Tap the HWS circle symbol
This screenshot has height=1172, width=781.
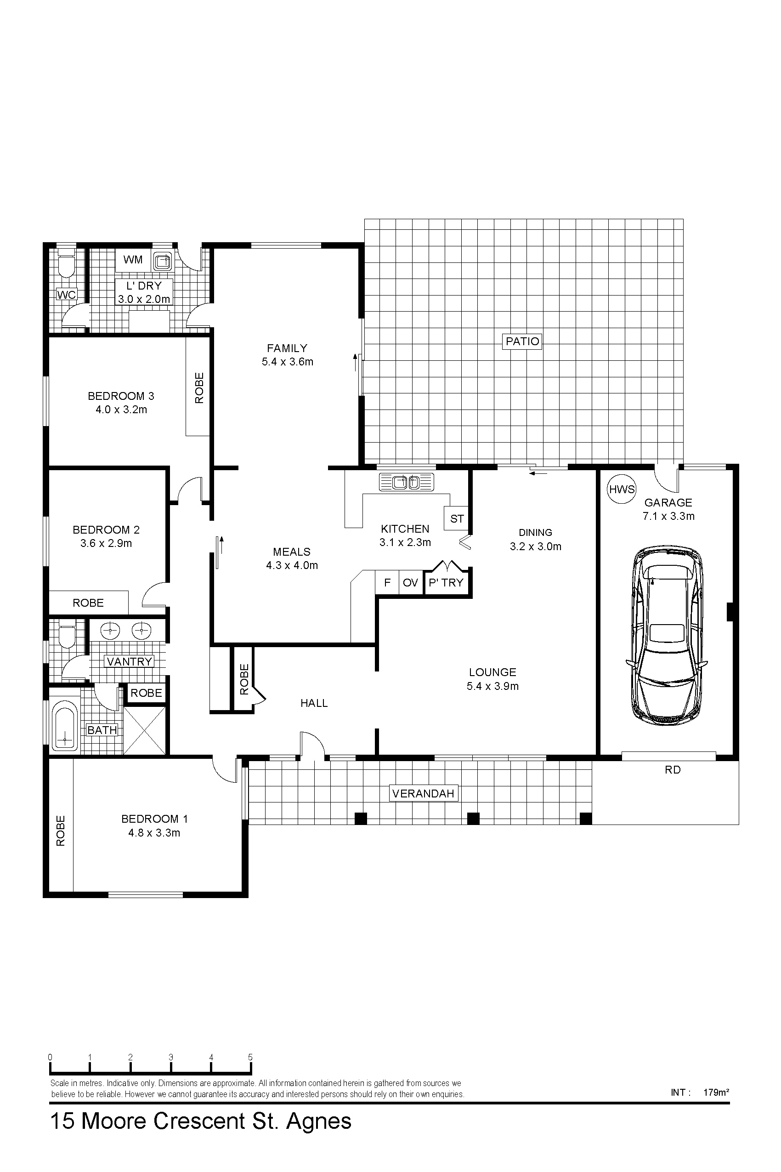pyautogui.click(x=622, y=489)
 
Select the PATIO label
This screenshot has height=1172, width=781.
pyautogui.click(x=522, y=341)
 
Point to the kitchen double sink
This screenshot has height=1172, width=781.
pyautogui.click(x=407, y=482)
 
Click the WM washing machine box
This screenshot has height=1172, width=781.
pyautogui.click(x=133, y=260)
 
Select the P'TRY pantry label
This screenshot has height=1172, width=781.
pyautogui.click(x=446, y=582)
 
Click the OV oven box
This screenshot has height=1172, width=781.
pyautogui.click(x=410, y=582)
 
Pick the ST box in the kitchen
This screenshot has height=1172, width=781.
pyautogui.click(x=457, y=519)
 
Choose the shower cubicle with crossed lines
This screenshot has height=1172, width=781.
pyautogui.click(x=144, y=730)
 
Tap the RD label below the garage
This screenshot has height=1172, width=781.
pyautogui.click(x=673, y=770)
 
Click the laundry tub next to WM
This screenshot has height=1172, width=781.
pyautogui.click(x=162, y=260)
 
